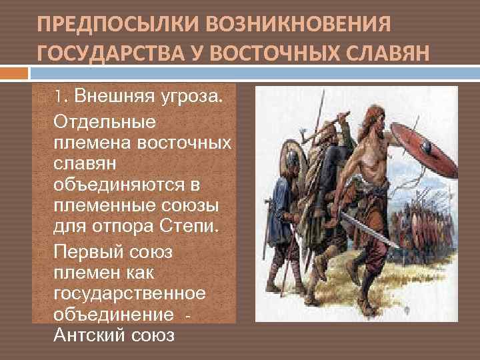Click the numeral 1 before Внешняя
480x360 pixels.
58,97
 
